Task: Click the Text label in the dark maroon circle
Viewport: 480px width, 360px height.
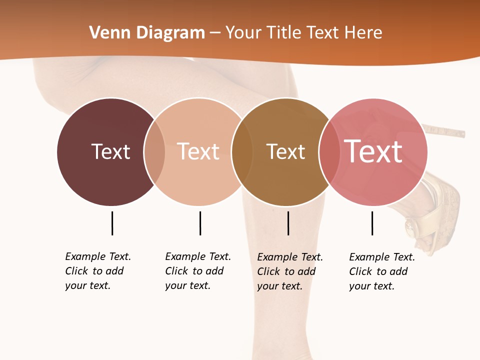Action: [110, 151]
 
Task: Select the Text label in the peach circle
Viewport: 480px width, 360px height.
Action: [198, 151]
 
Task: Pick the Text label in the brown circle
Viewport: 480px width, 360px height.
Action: [285, 151]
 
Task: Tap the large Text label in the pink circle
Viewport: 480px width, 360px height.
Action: [373, 151]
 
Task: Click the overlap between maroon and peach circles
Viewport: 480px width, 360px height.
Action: [154, 151]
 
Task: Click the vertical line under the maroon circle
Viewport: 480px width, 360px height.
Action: [112, 223]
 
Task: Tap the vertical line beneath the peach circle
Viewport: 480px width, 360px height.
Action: [200, 223]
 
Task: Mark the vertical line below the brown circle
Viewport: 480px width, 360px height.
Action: [288, 223]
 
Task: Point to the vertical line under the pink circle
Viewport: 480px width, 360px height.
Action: [372, 223]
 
